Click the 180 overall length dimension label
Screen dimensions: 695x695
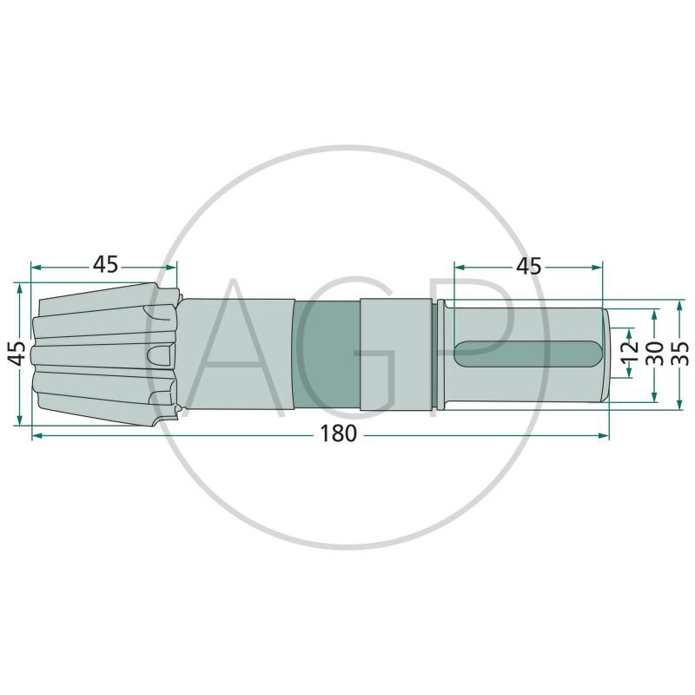[338, 434]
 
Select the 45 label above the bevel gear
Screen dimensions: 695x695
[105, 265]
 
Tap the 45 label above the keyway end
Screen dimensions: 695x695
[529, 266]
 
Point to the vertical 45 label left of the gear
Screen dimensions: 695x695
[18, 354]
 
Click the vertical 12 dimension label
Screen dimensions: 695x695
[632, 352]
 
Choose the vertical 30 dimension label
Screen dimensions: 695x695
[656, 354]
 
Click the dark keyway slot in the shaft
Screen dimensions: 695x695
[528, 354]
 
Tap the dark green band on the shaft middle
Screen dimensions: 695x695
[327, 354]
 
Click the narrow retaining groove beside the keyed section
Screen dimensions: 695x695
[440, 354]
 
